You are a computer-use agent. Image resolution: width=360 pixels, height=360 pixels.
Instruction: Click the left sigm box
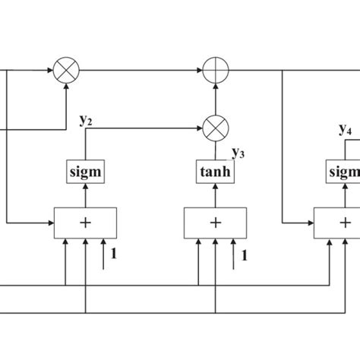pos(84,172)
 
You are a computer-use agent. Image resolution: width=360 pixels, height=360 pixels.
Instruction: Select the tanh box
pos(216,172)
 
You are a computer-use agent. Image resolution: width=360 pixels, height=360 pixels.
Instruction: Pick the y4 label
pos(344,128)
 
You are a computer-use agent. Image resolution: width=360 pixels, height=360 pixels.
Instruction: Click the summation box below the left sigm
pos(85,223)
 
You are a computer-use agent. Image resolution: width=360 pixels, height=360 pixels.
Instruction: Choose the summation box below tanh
pos(216,223)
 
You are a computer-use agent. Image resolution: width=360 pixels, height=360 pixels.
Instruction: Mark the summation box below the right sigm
pos(338,223)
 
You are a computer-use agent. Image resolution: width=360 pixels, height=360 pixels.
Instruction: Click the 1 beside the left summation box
pos(115,255)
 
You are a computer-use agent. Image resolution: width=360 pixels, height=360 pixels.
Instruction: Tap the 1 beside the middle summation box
pos(245,255)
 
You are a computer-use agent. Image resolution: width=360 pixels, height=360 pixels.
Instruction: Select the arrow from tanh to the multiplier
pos(216,150)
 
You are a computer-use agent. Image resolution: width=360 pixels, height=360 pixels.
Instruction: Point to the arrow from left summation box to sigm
pos(85,195)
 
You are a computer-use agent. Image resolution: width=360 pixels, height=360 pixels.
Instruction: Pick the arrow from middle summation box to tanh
pos(216,195)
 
